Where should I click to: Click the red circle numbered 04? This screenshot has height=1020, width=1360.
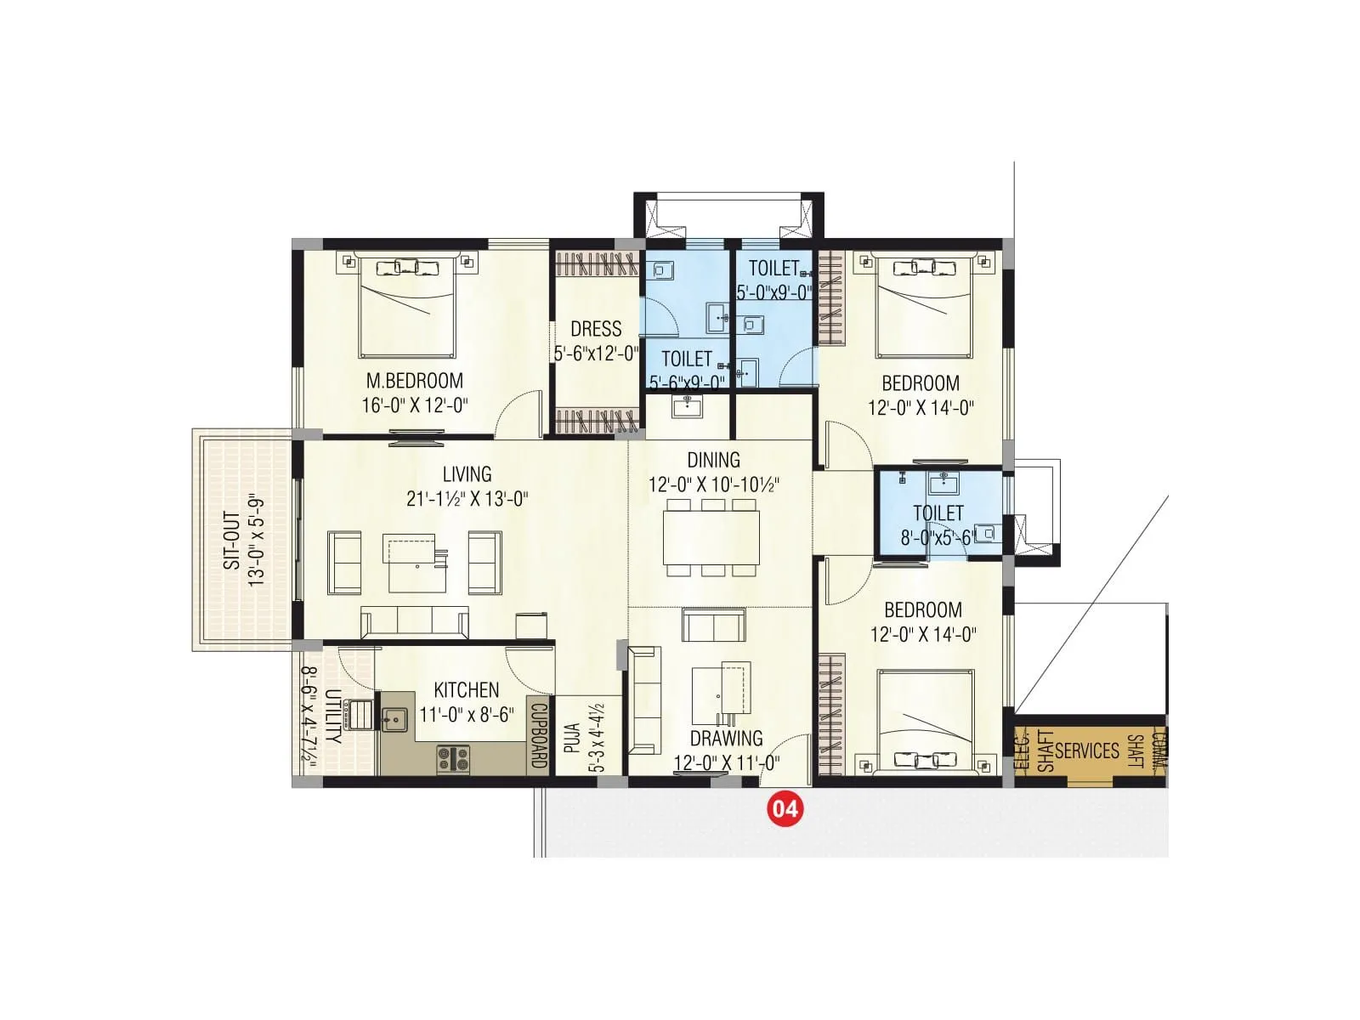point(784,807)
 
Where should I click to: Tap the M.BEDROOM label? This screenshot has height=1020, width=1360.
point(414,381)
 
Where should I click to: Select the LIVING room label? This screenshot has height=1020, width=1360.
point(467,473)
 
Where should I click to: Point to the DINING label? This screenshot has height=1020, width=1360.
point(713,460)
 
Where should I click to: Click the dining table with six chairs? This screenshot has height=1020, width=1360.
point(711,538)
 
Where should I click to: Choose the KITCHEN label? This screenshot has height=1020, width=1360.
point(466,690)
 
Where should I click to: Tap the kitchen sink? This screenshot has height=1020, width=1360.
point(394,720)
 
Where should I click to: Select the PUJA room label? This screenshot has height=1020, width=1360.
point(572,739)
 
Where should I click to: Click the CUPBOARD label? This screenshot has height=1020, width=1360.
point(538,735)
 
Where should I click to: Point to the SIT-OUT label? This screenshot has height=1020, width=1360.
point(230,541)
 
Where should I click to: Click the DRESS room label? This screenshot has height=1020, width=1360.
point(596,329)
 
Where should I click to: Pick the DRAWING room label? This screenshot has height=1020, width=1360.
point(726,738)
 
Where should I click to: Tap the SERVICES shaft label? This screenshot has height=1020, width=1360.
point(1087,751)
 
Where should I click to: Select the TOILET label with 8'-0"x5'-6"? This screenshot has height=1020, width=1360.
point(938,513)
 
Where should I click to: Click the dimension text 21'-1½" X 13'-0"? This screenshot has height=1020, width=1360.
point(467,498)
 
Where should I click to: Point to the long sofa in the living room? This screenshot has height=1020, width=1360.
point(415,621)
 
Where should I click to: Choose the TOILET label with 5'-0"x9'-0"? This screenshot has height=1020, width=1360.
point(773,269)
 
